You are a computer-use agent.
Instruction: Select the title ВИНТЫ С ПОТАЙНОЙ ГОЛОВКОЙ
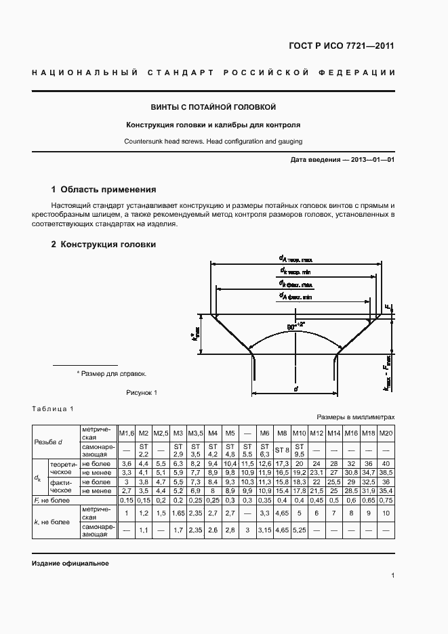coord(213,107)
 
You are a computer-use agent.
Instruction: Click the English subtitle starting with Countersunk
coord(213,142)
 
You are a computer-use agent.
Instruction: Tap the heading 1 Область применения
coord(104,190)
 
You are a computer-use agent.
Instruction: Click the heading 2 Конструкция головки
coord(104,244)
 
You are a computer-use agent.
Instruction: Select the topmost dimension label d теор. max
coord(296,259)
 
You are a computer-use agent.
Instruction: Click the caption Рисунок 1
coord(142,392)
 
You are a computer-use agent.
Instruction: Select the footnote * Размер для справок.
coord(111,373)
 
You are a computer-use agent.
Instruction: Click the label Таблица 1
coord(52,408)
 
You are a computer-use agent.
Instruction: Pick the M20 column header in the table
coord(386,433)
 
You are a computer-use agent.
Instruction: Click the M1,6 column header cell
coord(127,433)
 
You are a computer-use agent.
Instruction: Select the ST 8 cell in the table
coord(282,449)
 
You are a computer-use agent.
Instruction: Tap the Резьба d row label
coord(48,442)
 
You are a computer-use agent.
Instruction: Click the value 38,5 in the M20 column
coord(386,471)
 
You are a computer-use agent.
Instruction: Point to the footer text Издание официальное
coord(70,564)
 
